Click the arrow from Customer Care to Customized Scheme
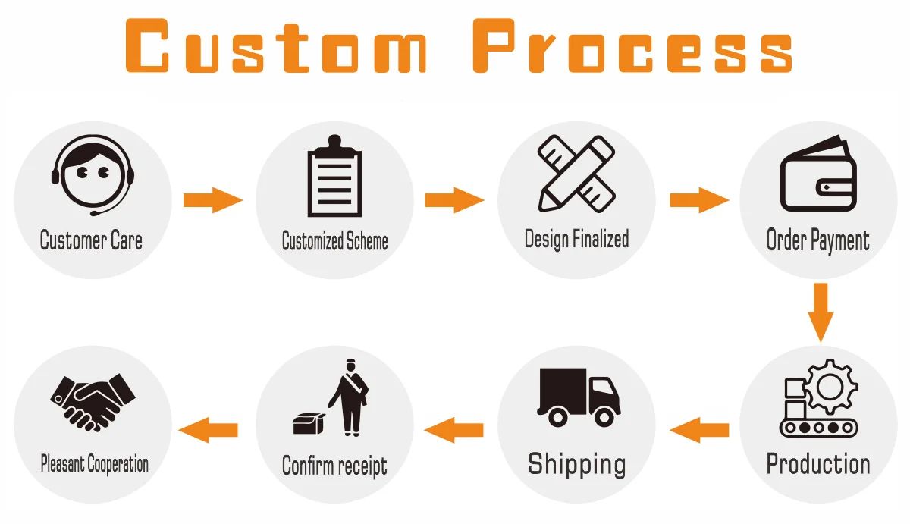213,201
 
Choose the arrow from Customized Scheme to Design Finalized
454,201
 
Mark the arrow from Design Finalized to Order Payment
698,201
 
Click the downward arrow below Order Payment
820,311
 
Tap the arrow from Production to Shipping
698,431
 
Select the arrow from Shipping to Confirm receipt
454,431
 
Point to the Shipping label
576,463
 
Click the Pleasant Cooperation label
94,464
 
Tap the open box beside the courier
308,422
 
